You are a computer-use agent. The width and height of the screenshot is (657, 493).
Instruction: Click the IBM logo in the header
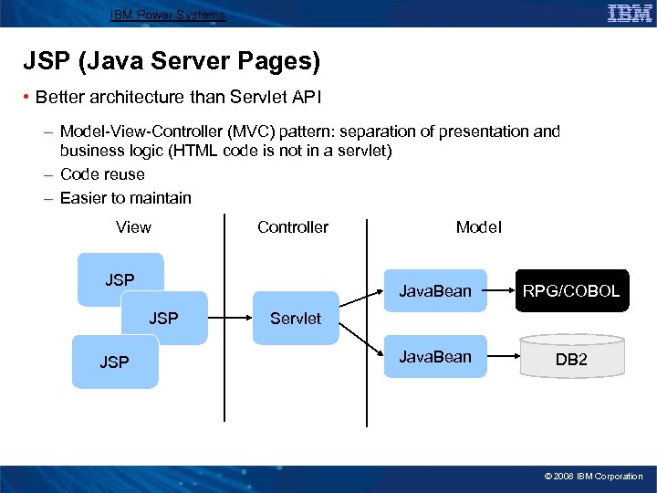(629, 13)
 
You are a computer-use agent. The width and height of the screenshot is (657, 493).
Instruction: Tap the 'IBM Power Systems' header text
(168, 15)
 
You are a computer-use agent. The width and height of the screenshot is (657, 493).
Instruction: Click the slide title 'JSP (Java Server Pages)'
(172, 62)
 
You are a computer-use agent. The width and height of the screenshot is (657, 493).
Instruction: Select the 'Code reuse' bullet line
(102, 174)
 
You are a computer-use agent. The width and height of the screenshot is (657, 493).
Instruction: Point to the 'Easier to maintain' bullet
(125, 198)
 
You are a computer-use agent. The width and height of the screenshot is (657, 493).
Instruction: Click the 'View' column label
(133, 227)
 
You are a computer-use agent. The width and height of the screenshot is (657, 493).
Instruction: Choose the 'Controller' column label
(293, 227)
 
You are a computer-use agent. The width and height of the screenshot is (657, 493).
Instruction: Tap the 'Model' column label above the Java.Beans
(478, 227)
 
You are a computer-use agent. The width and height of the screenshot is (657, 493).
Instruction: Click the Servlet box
(295, 318)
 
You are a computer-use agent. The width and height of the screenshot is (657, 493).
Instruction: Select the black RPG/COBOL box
(571, 291)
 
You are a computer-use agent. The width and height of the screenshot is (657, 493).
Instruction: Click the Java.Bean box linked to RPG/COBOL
(435, 291)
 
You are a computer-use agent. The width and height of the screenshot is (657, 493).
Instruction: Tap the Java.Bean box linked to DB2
(435, 357)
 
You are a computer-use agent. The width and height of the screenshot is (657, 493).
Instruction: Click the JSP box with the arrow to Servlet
(164, 318)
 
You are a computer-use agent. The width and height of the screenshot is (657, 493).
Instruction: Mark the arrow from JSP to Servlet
(229, 318)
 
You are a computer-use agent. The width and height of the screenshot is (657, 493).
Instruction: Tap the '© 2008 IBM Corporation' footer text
(593, 477)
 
